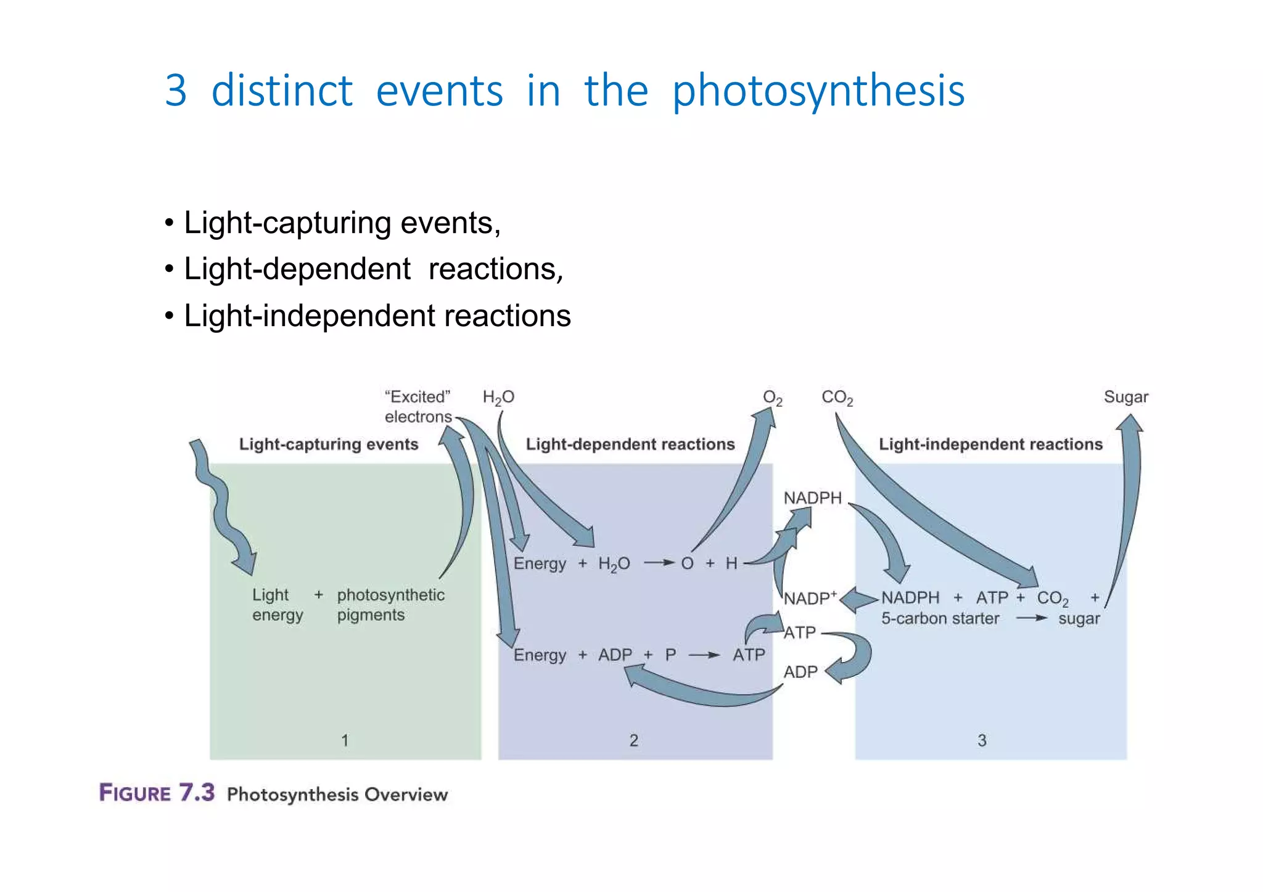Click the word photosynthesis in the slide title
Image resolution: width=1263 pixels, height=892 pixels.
(x=818, y=91)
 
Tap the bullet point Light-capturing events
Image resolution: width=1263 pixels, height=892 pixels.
(x=342, y=223)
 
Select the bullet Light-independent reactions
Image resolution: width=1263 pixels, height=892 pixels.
(x=377, y=316)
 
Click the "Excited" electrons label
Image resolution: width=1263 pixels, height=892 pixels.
(x=418, y=406)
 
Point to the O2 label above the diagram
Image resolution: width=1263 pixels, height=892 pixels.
(x=772, y=398)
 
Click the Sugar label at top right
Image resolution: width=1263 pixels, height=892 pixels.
(x=1125, y=397)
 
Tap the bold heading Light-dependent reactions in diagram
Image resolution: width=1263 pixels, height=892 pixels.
(x=630, y=444)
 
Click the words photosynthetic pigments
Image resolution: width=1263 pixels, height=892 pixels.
(x=390, y=605)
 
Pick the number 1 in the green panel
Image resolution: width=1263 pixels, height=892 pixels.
(x=345, y=740)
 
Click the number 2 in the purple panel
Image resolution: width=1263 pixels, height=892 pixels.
(x=633, y=740)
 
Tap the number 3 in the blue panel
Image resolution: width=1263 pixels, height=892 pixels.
(x=982, y=740)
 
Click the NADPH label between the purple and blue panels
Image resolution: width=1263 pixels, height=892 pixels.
(x=812, y=497)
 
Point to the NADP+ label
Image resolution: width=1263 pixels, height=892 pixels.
(x=810, y=598)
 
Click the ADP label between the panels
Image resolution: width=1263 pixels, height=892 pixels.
(x=800, y=672)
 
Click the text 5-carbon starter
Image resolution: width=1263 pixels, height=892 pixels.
(x=939, y=618)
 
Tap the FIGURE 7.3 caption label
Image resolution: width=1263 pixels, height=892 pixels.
(x=157, y=793)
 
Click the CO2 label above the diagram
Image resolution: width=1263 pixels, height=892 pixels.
(x=837, y=398)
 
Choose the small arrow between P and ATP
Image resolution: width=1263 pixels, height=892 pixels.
(x=704, y=655)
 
